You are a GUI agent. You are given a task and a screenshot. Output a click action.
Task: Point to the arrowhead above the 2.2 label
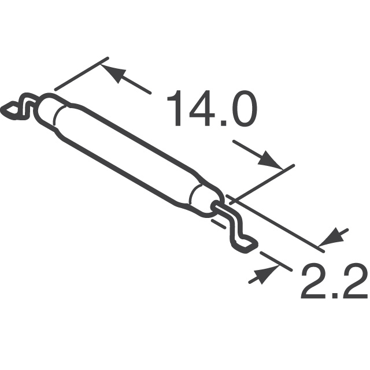click(335, 238)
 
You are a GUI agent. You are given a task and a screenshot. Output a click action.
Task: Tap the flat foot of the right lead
click(246, 245)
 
